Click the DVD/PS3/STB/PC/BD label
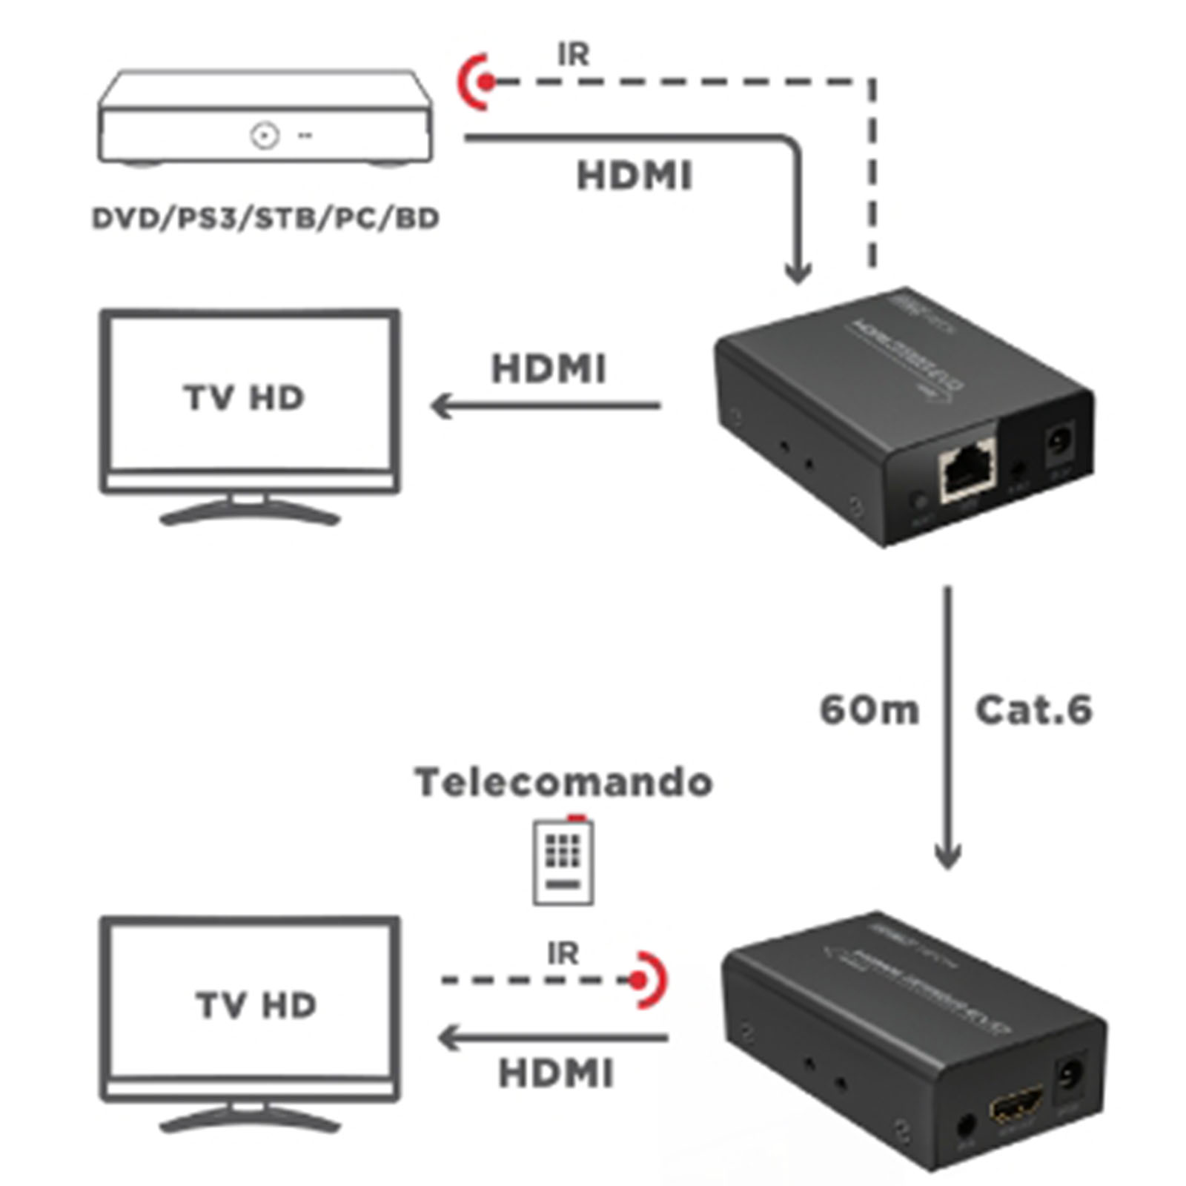(265, 219)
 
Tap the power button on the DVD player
(264, 136)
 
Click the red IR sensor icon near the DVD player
(480, 82)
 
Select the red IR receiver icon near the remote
(643, 980)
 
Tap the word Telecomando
(563, 782)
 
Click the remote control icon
(563, 861)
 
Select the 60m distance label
(869, 710)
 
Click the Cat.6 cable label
(1033, 710)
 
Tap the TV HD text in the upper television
(244, 398)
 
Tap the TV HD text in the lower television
(256, 1005)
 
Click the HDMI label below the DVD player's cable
(635, 176)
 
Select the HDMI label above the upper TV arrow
(549, 369)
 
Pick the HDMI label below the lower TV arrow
(556, 1073)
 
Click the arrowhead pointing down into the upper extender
(798, 274)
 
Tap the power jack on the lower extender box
(1068, 1079)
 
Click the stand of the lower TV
(250, 1119)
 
